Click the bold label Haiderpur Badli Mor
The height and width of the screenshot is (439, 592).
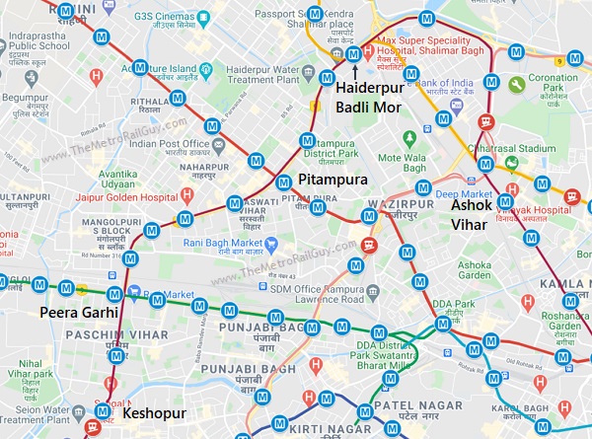(370, 97)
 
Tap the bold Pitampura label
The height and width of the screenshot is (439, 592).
(333, 181)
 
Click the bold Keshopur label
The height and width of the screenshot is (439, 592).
(155, 413)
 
